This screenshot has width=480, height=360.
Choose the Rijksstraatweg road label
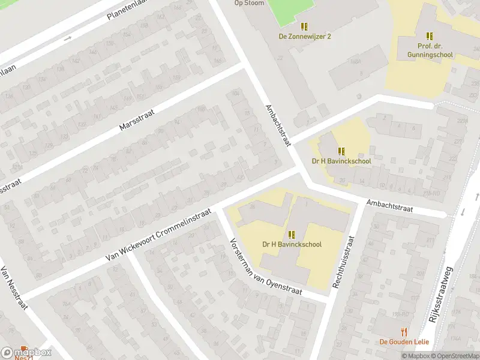(x=445, y=289)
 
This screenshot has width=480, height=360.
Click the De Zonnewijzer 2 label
(x=305, y=36)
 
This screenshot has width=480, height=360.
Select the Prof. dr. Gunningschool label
(x=430, y=50)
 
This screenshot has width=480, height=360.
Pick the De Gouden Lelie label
(x=403, y=342)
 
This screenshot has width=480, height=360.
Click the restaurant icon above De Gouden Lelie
(x=404, y=332)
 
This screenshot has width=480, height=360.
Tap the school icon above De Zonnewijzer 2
(x=304, y=26)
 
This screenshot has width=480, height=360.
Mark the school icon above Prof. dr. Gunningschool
(x=430, y=36)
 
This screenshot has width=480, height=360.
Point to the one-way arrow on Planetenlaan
(x=67, y=38)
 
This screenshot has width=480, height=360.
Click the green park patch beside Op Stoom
(x=290, y=8)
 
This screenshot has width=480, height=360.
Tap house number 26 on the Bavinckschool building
(x=253, y=206)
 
